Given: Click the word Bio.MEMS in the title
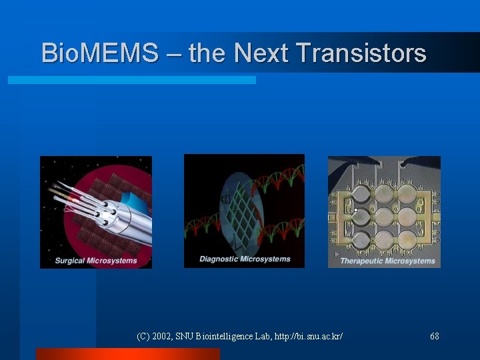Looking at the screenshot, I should click(99, 53).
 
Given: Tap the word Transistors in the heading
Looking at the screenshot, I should click(360, 53).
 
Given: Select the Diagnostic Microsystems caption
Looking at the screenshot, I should click(245, 259).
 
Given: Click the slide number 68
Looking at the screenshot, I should click(434, 337).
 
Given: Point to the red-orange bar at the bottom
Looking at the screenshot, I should click(127, 354).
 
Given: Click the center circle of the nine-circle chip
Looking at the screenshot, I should click(384, 216).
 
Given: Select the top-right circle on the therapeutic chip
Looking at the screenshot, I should click(408, 193).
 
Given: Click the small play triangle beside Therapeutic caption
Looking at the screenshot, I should click(337, 254).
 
